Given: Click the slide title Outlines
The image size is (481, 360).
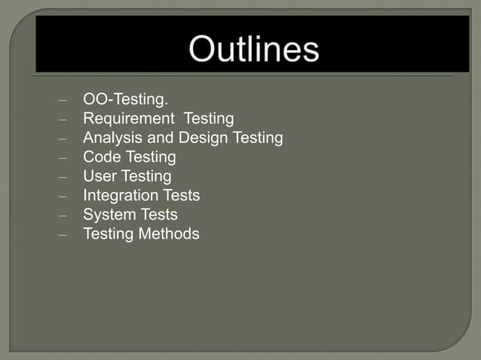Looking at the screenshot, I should click(x=254, y=50).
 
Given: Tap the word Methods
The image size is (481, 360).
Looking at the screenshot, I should click(x=169, y=234).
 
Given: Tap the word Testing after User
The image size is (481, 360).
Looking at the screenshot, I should click(x=146, y=176).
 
